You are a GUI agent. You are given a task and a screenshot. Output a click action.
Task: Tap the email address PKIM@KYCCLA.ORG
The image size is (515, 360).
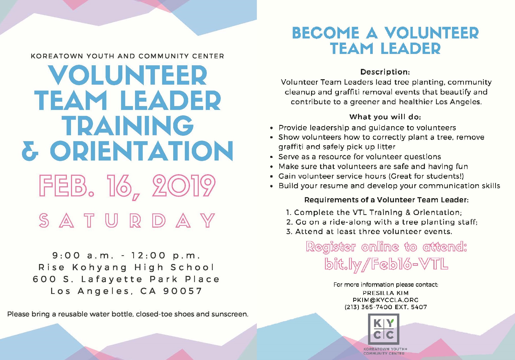click(385, 300)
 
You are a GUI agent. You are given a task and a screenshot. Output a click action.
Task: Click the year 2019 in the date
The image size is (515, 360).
click(184, 186)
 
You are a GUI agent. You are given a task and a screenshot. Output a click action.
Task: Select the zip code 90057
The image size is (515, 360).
click(183, 291)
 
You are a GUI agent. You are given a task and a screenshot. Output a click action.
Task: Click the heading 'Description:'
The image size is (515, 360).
click(385, 72)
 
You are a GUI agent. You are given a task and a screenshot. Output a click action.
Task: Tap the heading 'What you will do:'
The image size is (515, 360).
click(385, 117)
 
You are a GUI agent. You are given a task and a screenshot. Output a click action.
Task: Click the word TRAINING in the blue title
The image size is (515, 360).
click(129, 126)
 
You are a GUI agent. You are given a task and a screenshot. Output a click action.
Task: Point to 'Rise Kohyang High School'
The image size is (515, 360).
click(126, 267)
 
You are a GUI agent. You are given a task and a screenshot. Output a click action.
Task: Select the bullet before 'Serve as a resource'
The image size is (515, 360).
click(271, 157)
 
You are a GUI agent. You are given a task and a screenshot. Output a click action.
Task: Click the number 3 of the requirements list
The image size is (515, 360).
click(289, 232)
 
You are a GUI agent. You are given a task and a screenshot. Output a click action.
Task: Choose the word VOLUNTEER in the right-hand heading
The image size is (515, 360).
click(431, 33)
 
